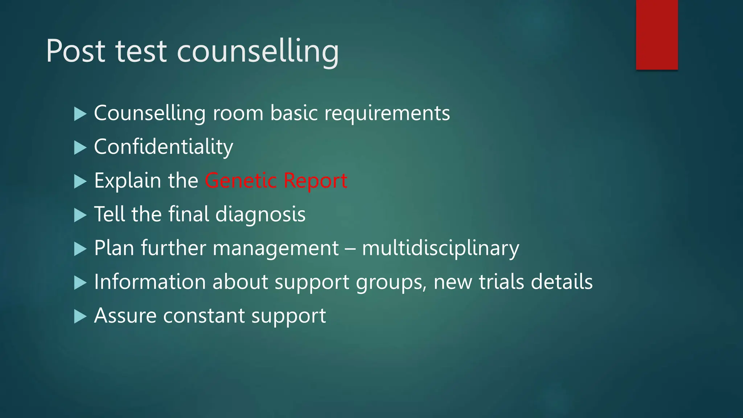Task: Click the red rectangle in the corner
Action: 657,34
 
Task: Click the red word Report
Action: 315,181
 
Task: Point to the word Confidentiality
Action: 164,147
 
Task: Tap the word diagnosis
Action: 260,214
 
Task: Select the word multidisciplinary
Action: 440,249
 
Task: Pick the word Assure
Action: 126,315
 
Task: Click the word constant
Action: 204,316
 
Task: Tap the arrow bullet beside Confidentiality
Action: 80,148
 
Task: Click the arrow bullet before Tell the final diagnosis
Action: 80,215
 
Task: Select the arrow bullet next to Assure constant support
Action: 80,316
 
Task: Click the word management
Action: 276,249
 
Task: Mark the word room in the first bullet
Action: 238,113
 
